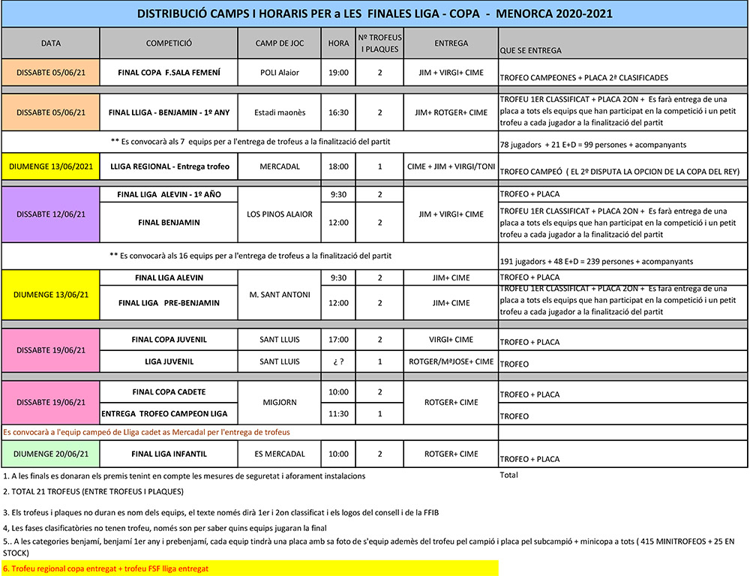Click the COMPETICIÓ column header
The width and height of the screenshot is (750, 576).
169,43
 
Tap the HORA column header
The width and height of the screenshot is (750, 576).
339,43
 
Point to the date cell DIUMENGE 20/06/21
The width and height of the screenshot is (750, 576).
51,454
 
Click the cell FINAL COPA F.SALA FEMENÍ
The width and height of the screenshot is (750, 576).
169,73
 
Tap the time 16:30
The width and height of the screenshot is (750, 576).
339,112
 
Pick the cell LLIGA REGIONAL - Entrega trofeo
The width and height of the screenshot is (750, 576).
169,166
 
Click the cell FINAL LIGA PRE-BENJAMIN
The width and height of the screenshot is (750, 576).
169,303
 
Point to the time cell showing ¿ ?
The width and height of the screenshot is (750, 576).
339,361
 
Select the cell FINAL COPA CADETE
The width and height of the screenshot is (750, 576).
169,391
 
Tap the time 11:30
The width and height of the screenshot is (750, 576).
339,413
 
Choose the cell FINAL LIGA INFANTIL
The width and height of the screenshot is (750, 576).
169,454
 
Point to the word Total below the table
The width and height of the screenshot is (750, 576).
508,475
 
